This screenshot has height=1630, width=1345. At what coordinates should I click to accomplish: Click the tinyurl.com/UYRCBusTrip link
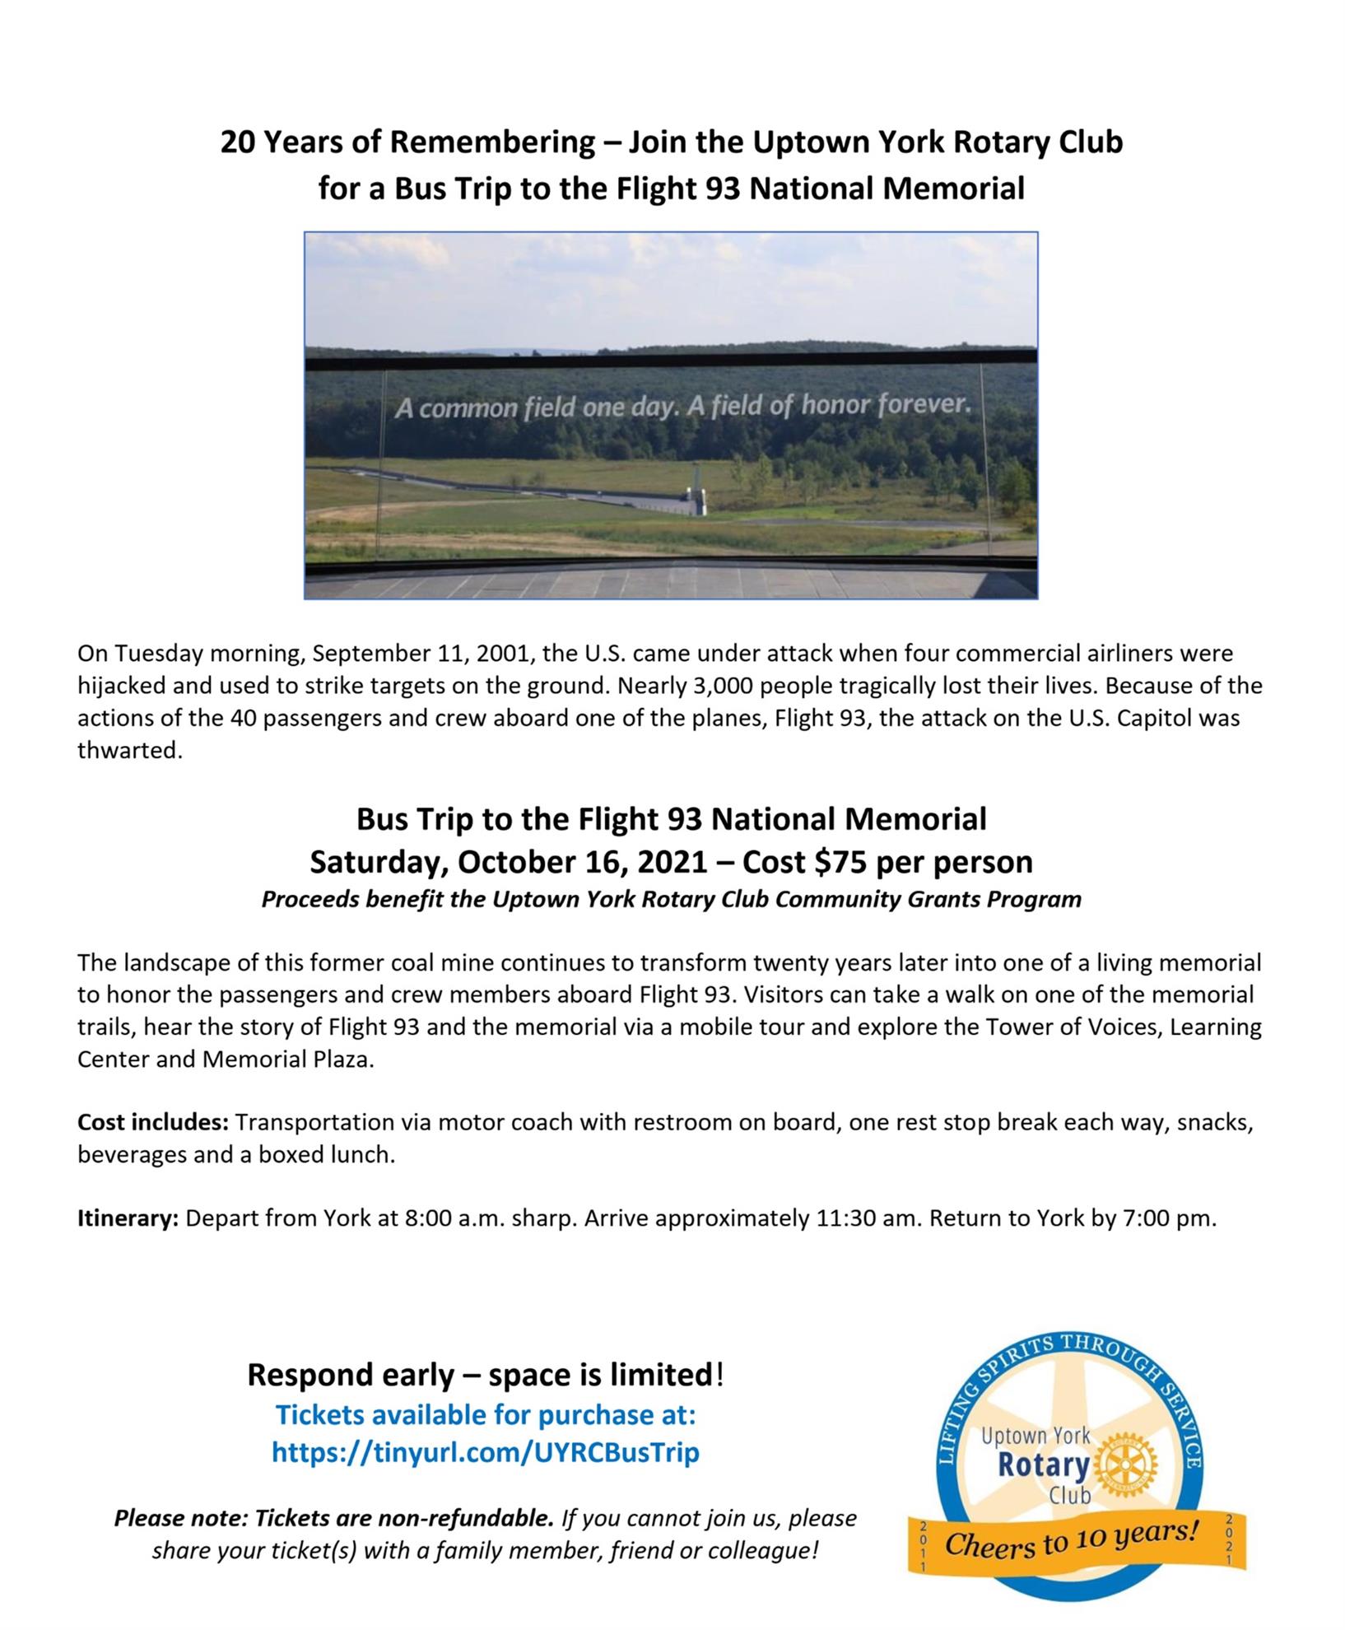(485, 1452)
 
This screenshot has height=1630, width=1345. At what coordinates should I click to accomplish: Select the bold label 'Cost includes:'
(153, 1122)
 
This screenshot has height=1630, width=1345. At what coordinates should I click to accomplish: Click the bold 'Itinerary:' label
(128, 1218)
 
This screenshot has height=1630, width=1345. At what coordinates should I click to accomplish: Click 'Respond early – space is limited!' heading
(486, 1375)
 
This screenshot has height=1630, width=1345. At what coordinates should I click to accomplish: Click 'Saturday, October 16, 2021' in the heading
(508, 862)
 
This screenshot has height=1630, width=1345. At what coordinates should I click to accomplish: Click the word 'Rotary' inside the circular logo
(1043, 1465)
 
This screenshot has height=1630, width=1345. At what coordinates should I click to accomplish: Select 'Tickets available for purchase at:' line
(486, 1415)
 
